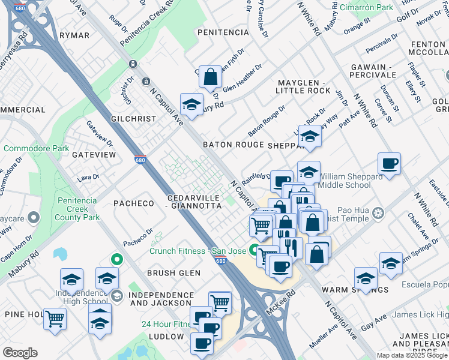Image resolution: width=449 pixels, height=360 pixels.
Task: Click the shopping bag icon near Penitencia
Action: pos(210,77)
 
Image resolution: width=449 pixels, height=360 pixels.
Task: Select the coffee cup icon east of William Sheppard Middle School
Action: pos(389,163)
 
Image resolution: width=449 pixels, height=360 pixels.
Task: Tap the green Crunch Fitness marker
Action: pos(255,251)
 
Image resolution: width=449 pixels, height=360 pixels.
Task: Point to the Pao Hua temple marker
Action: pos(378,213)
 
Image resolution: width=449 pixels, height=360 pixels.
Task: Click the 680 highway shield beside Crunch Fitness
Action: pos(220,260)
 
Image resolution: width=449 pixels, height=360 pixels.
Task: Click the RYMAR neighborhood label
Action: pos(74,36)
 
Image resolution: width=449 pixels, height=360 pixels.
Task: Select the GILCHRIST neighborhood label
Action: pos(133,119)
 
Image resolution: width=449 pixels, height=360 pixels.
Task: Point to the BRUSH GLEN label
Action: pos(173,273)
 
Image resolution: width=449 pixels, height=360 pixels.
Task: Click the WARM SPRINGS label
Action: pos(355,290)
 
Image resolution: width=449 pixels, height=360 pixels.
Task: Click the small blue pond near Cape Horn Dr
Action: pos(60,254)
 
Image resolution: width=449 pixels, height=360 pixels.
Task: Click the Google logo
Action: pos(20,353)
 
